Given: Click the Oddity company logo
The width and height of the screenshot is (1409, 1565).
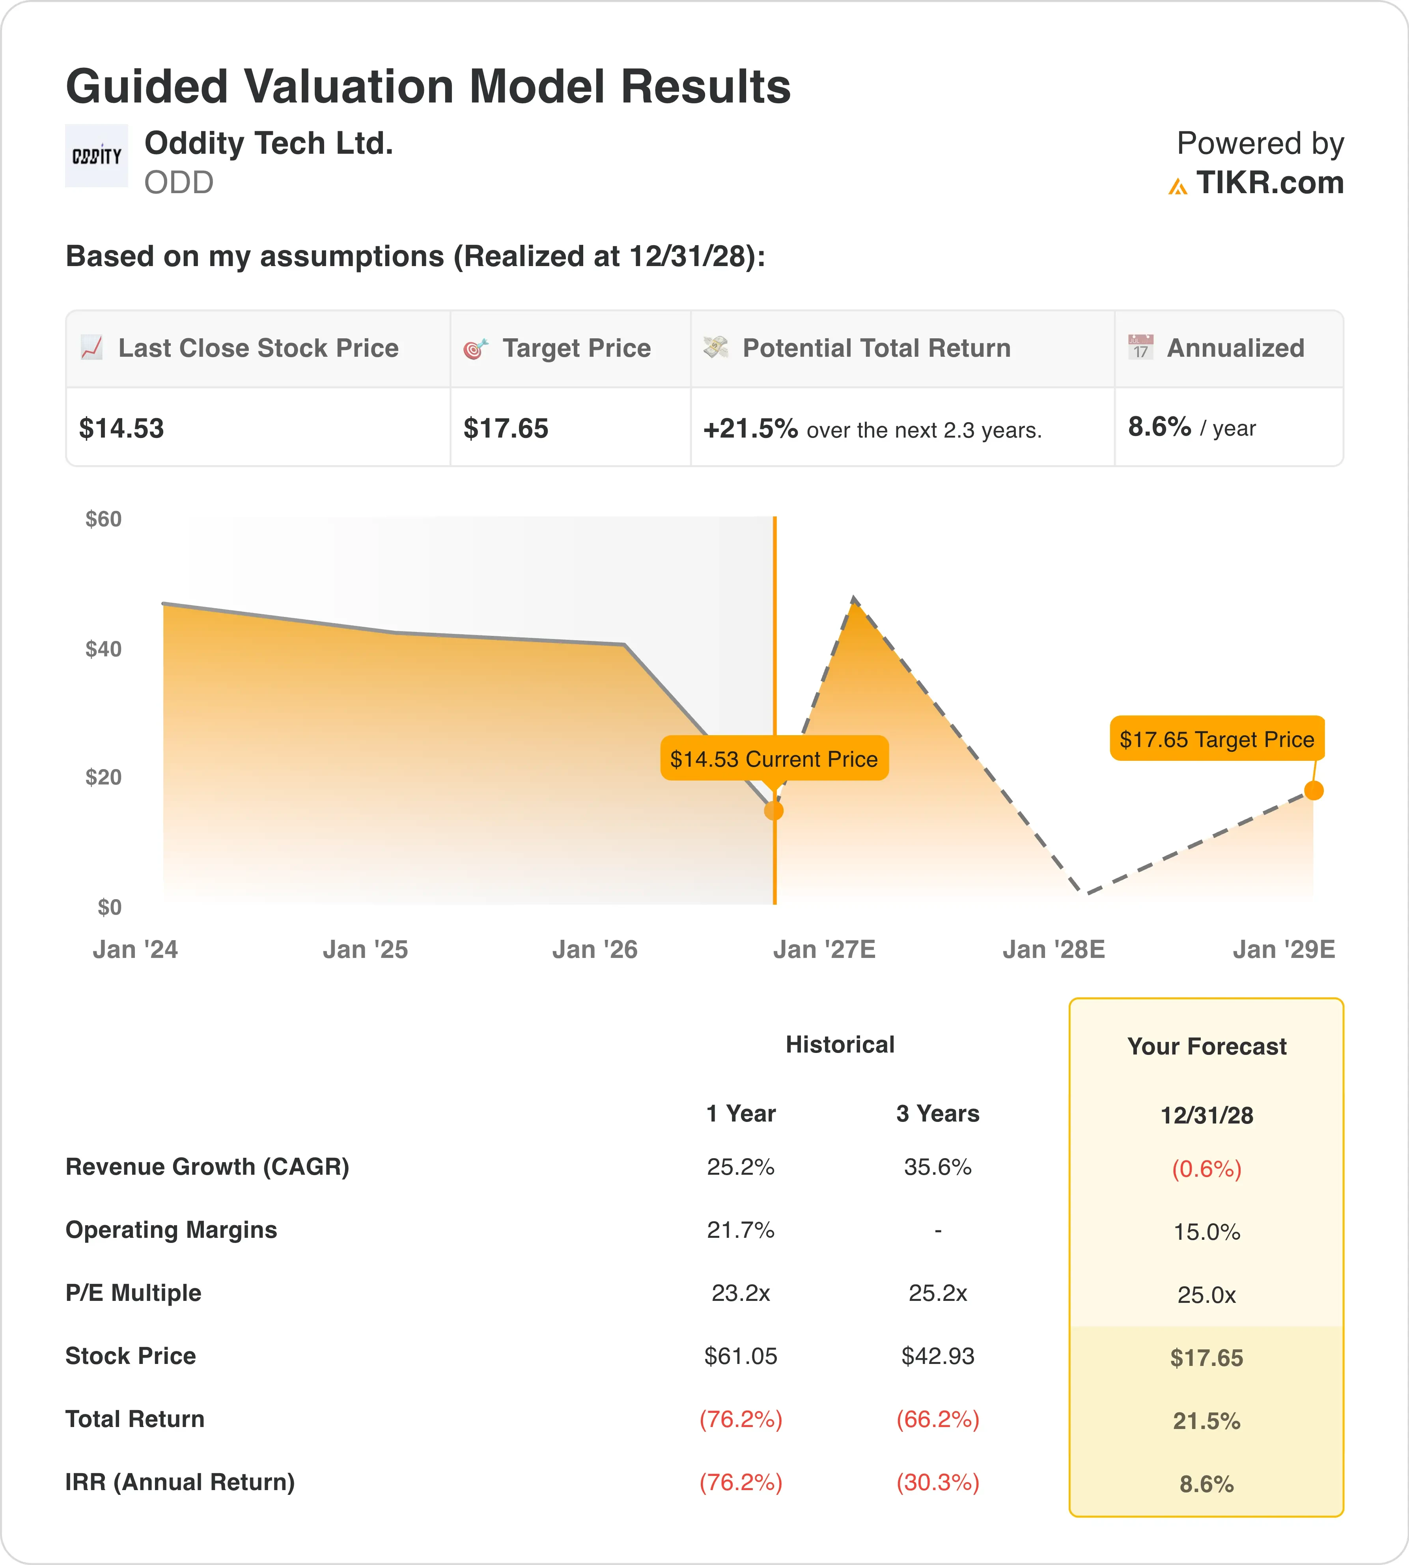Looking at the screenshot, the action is coord(96,156).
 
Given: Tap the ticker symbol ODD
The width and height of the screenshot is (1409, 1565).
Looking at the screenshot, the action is coord(179,183).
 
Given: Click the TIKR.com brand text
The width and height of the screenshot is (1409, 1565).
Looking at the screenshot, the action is coord(1270,183).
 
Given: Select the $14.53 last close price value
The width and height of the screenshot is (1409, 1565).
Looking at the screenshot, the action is coord(121,428).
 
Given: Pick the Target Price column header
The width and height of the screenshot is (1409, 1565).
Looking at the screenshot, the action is coord(577,348).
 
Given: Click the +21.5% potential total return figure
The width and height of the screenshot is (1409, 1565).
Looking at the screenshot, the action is coord(750,428).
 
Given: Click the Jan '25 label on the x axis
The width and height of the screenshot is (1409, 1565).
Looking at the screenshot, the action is coord(366,950).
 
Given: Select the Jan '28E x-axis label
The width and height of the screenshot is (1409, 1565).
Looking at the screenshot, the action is coord(1054,950).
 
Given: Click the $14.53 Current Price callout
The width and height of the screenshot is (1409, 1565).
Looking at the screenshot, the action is coord(774,758).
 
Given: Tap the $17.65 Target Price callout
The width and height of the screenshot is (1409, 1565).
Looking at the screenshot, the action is coord(1217,739).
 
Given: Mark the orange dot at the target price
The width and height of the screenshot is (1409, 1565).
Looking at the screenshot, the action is coord(1314,790).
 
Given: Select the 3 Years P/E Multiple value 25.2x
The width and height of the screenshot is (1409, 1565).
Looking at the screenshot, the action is coord(937,1293).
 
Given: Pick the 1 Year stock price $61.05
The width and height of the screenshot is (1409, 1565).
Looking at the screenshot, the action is coord(741,1356).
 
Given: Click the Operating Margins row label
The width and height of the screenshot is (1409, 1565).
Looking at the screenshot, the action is coord(171,1230).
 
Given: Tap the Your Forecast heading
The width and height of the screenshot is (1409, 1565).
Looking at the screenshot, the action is coord(1207,1047).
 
